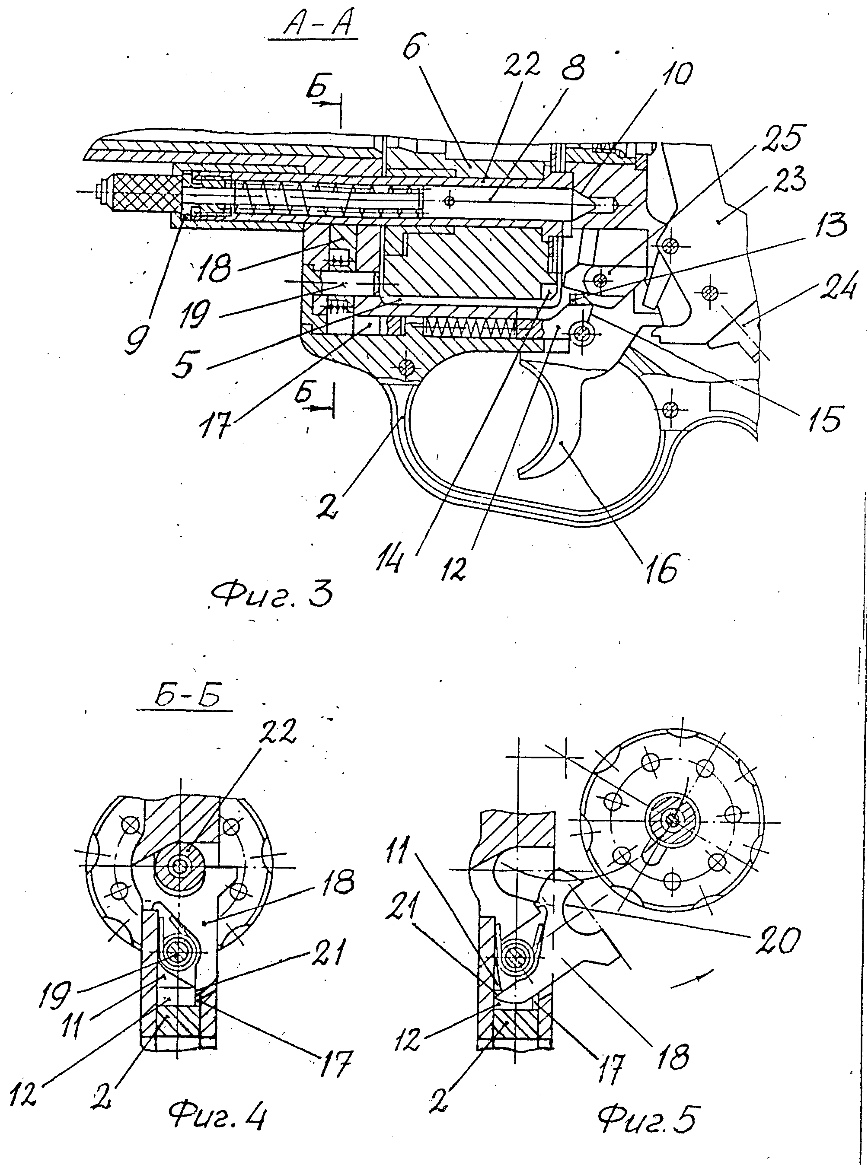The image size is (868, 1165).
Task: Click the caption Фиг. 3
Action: pyautogui.click(x=272, y=597)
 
